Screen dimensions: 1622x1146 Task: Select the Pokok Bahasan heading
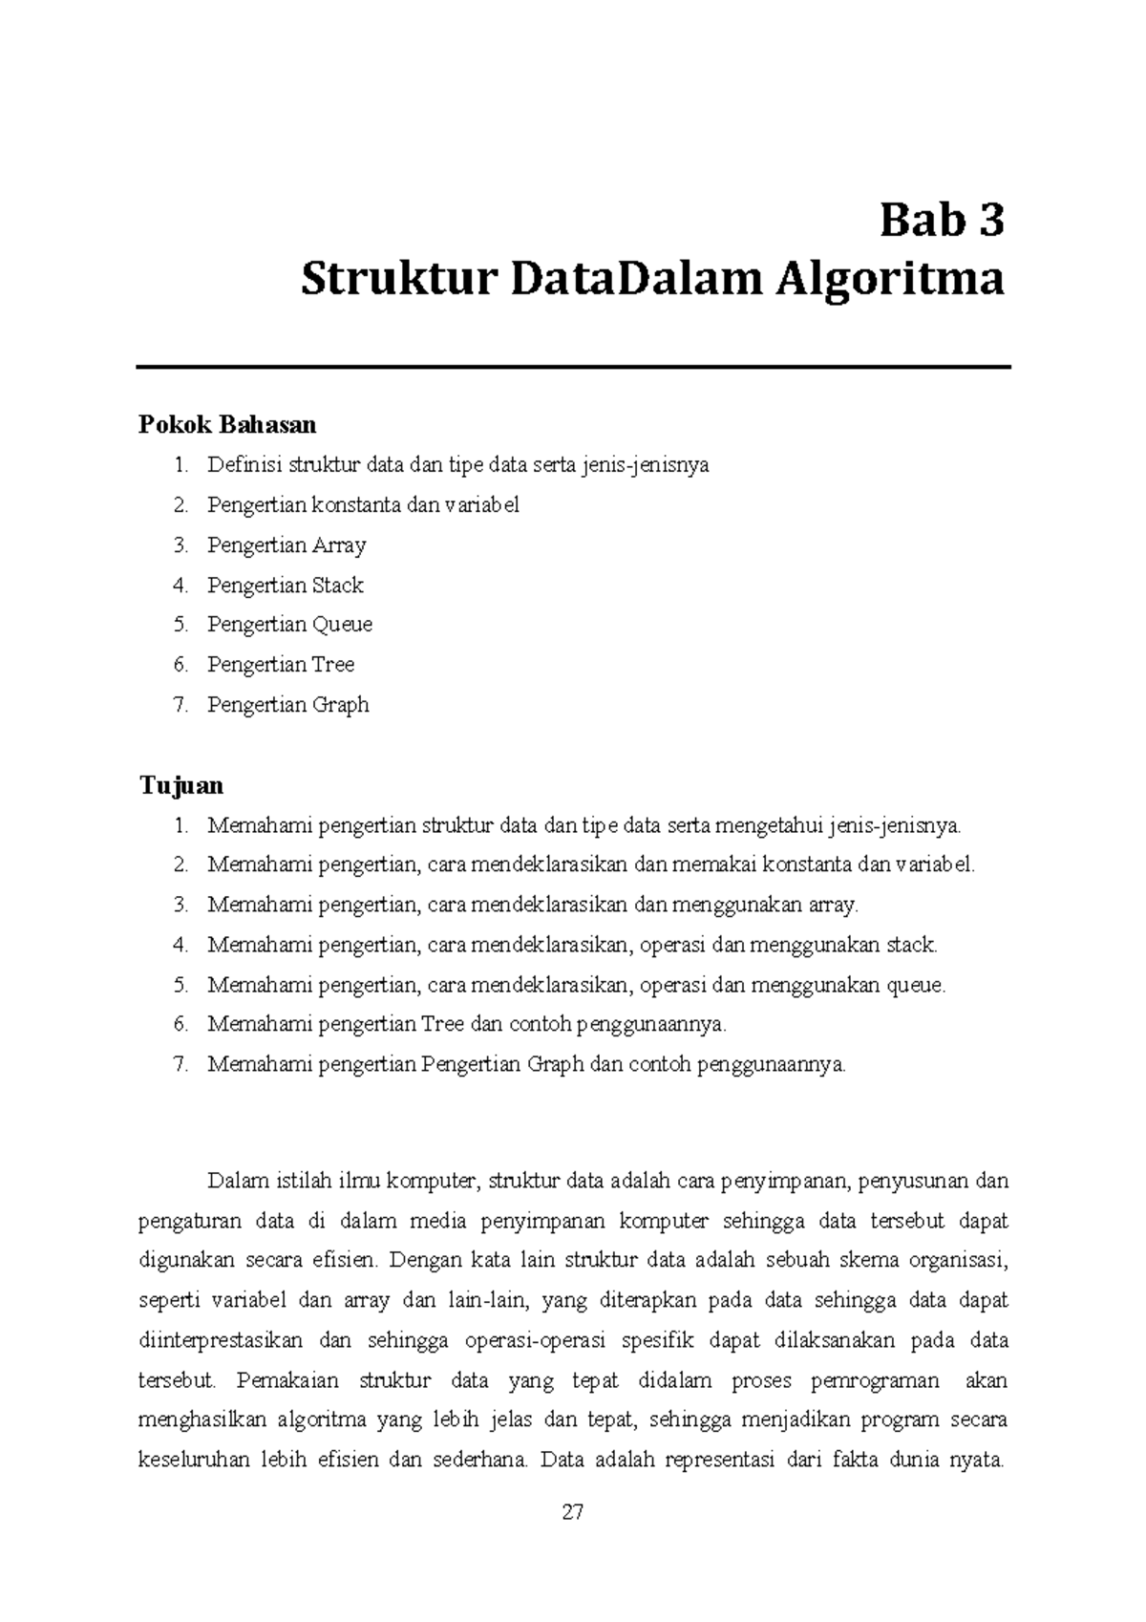pyautogui.click(x=227, y=424)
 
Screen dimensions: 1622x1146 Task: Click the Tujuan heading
pyautogui.click(x=181, y=785)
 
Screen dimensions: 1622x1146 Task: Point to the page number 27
pyautogui.click(x=573, y=1512)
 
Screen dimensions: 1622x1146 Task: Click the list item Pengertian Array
pyautogui.click(x=286, y=545)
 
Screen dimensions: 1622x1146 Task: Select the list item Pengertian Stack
pyautogui.click(x=285, y=586)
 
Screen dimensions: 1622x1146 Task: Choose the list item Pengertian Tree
pyautogui.click(x=281, y=665)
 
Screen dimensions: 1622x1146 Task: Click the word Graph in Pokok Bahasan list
pyautogui.click(x=341, y=705)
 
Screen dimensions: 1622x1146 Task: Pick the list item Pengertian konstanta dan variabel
pyautogui.click(x=363, y=505)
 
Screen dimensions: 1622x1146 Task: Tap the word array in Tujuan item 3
pyautogui.click(x=833, y=905)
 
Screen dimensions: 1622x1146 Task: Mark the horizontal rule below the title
pyautogui.click(x=573, y=367)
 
